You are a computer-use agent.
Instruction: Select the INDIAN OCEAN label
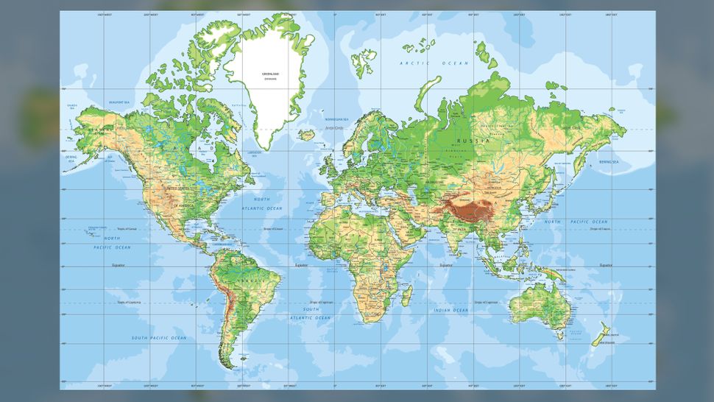[x=452, y=310]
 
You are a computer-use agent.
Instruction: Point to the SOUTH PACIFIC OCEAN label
[x=159, y=338]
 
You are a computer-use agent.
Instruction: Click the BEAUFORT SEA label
[x=119, y=102]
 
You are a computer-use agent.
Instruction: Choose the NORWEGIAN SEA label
[x=336, y=119]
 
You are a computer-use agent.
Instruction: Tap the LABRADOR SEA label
[x=253, y=154]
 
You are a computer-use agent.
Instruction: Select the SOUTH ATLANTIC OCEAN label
[x=310, y=314]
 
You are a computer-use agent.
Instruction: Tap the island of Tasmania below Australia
[x=560, y=336]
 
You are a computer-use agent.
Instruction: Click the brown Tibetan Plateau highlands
[x=471, y=209]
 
